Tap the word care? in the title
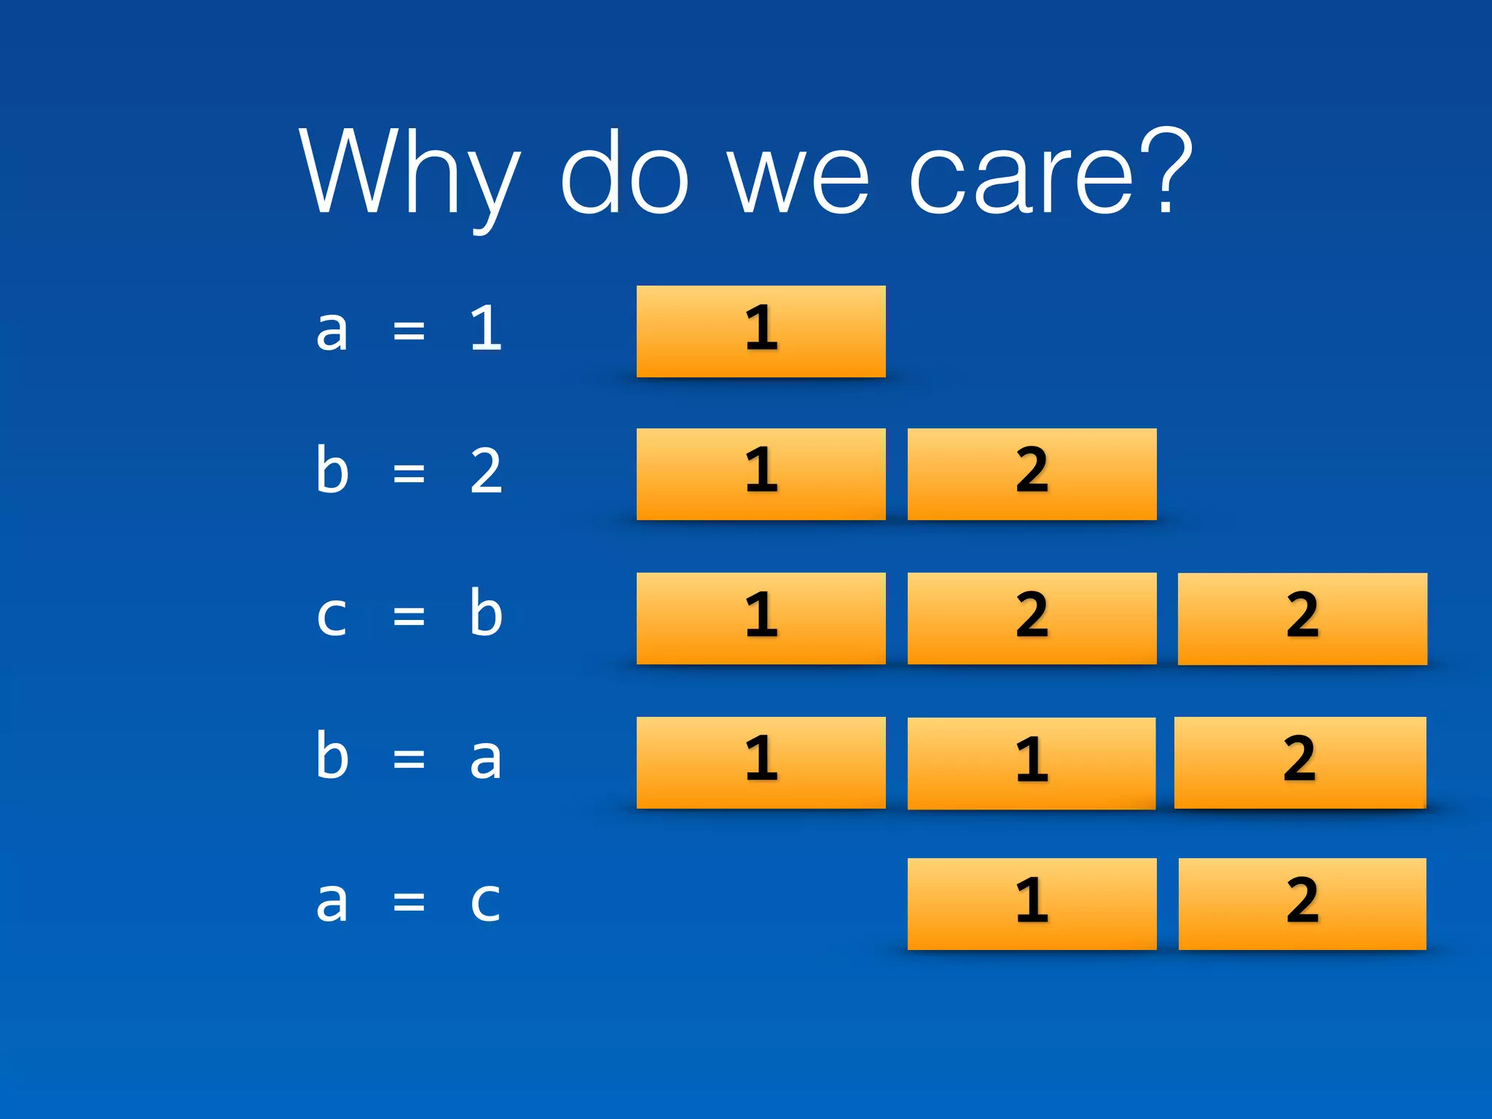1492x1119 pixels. pyautogui.click(x=1050, y=173)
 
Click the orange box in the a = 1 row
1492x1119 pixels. pyautogui.click(x=761, y=331)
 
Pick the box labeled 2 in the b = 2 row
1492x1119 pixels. pyautogui.click(x=1032, y=474)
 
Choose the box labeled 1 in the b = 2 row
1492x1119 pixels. pyautogui.click(x=761, y=474)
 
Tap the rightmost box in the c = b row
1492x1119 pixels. pyautogui.click(x=1302, y=619)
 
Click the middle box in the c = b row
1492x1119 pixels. pyautogui.click(x=1032, y=619)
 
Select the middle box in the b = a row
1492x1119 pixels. pyautogui.click(x=1032, y=763)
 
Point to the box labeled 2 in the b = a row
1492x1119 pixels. pyautogui.click(x=1300, y=762)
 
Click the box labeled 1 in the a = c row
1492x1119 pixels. pyautogui.click(x=1032, y=903)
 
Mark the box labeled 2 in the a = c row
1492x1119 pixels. pyautogui.click(x=1302, y=903)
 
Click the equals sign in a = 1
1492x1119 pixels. pyautogui.click(x=409, y=331)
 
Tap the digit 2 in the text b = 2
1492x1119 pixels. pyautogui.click(x=486, y=472)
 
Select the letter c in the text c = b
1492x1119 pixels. pyautogui.click(x=331, y=616)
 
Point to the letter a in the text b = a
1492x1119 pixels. pyautogui.click(x=486, y=759)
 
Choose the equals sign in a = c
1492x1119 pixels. pyautogui.click(x=409, y=903)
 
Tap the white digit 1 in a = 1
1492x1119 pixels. pyautogui.click(x=486, y=329)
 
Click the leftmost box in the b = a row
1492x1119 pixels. pyautogui.click(x=761, y=762)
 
